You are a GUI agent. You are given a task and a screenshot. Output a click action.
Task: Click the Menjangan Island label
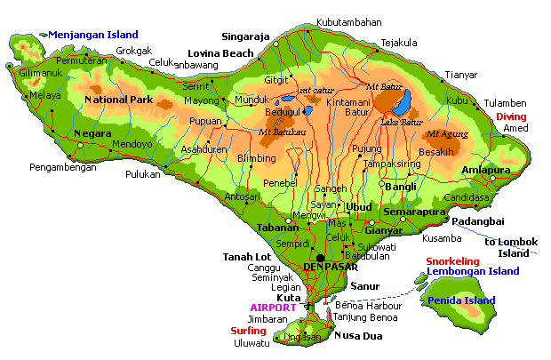coord(93,35)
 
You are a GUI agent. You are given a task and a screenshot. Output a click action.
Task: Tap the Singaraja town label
coord(244,37)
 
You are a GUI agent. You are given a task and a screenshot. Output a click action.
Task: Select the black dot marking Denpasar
coord(320,258)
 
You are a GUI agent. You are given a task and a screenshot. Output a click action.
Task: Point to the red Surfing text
coord(248,331)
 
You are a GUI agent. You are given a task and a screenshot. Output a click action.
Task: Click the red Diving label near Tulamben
coord(510,116)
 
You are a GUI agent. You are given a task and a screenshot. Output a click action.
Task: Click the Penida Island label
coord(461,300)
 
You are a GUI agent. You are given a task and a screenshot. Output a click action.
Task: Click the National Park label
coord(118,100)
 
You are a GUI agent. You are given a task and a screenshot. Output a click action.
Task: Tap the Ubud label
coord(359,206)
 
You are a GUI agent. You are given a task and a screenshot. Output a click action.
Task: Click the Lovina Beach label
coord(220,53)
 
